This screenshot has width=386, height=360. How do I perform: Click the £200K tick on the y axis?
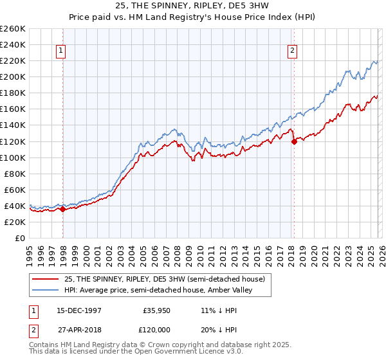13,76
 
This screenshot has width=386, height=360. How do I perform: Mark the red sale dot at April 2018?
294,141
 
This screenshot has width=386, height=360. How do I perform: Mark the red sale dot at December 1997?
63,209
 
